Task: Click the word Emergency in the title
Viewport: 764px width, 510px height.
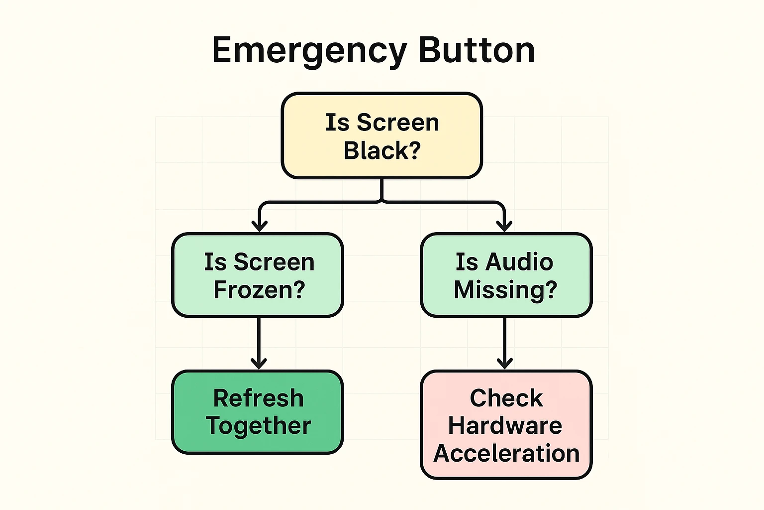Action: (309, 51)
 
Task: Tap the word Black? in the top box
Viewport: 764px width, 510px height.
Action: (382, 150)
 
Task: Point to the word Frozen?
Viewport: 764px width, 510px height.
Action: (259, 290)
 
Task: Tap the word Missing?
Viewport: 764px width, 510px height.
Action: (505, 290)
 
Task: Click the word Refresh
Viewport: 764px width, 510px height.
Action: (258, 398)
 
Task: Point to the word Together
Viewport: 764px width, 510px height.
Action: (258, 426)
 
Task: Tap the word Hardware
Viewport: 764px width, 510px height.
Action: (505, 426)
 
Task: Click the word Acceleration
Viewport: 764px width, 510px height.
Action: (506, 454)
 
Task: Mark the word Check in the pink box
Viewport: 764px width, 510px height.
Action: (506, 398)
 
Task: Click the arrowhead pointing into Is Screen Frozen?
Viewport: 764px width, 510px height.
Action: (259, 226)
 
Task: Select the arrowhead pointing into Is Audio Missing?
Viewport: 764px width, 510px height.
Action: (504, 226)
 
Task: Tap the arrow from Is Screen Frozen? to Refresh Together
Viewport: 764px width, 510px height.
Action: (259, 344)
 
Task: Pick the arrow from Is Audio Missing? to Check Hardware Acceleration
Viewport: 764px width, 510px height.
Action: (505, 344)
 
